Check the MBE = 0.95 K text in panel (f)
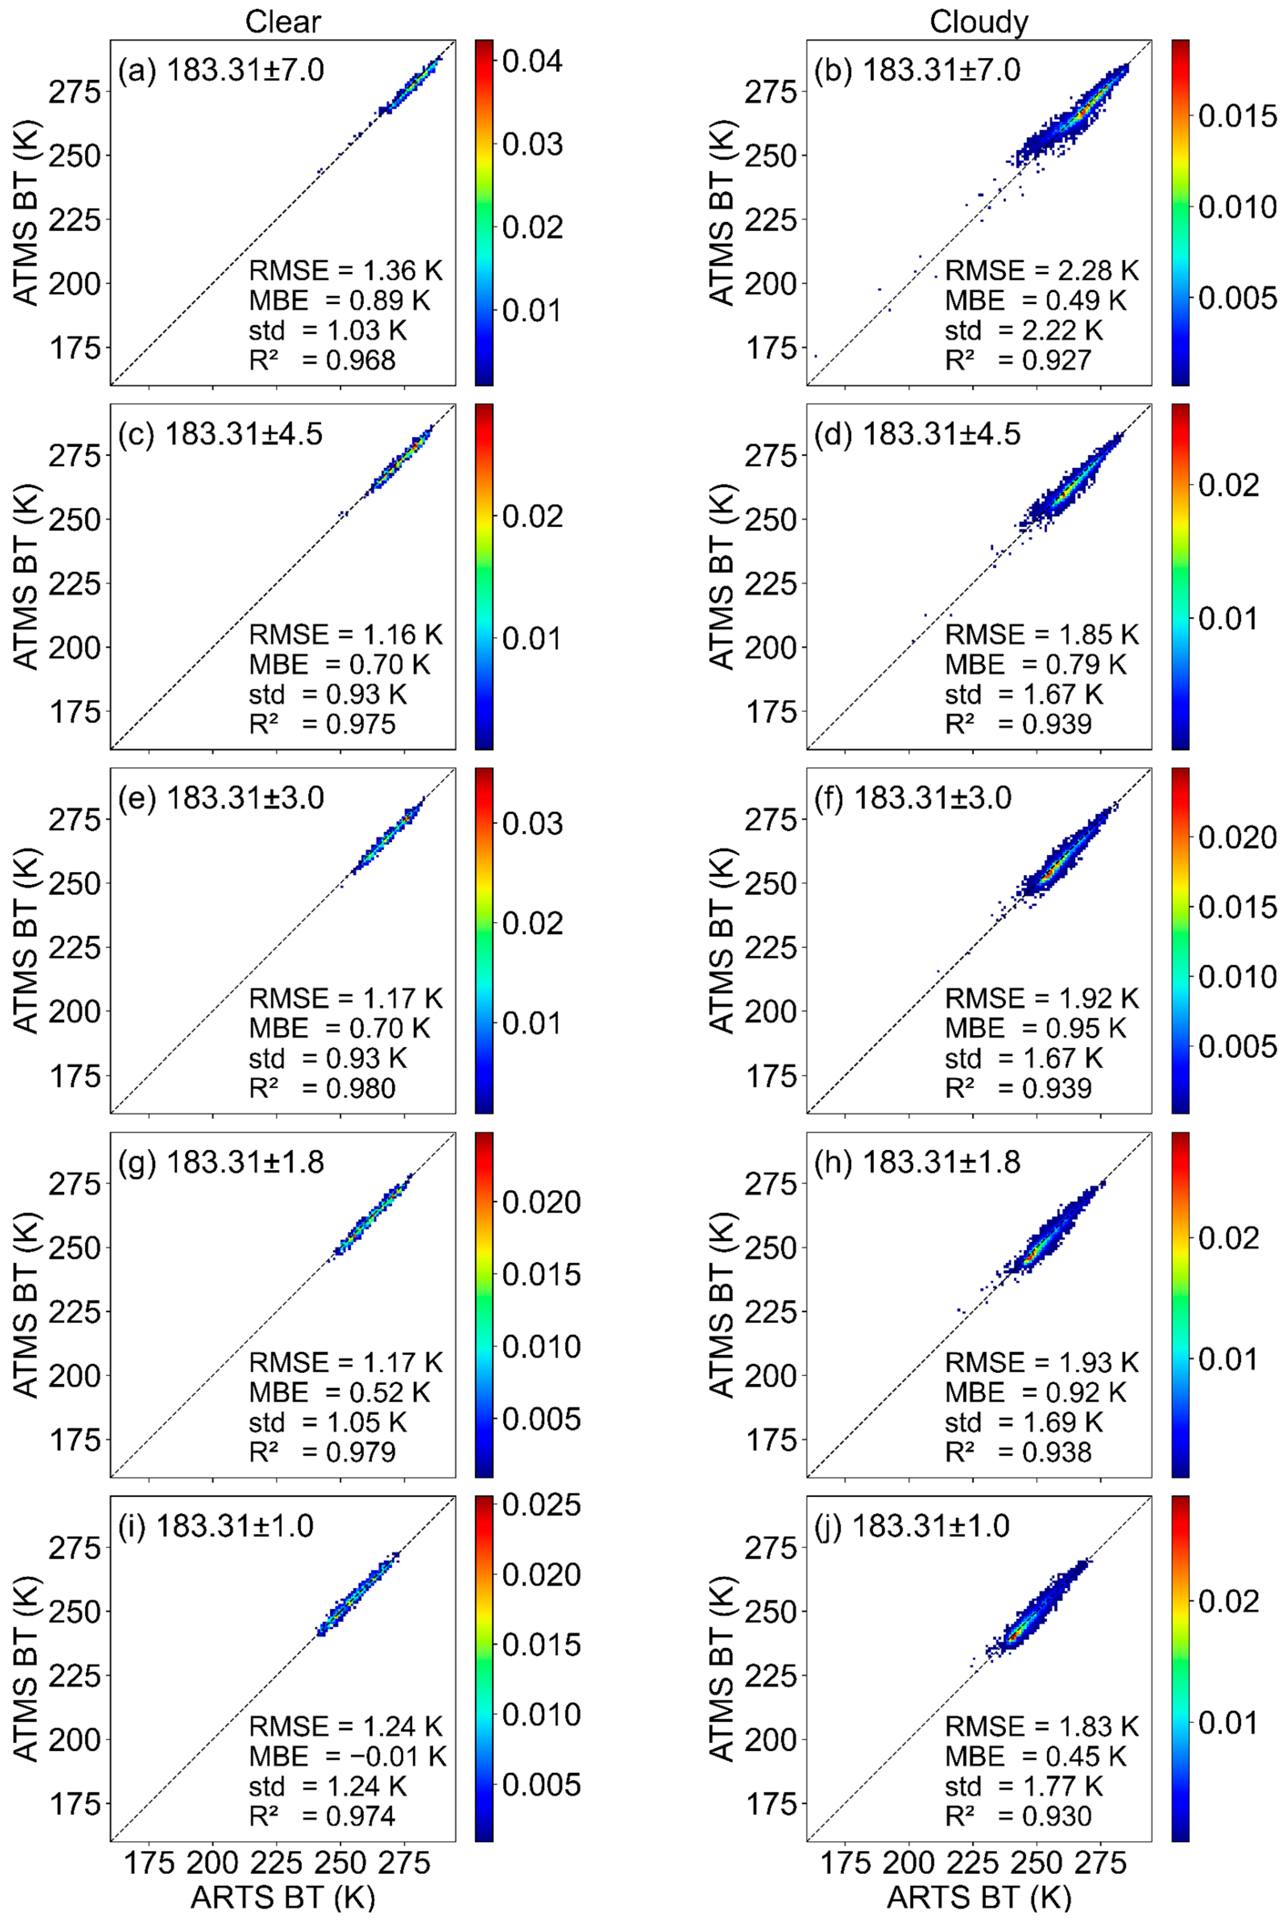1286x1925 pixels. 1035,1028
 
